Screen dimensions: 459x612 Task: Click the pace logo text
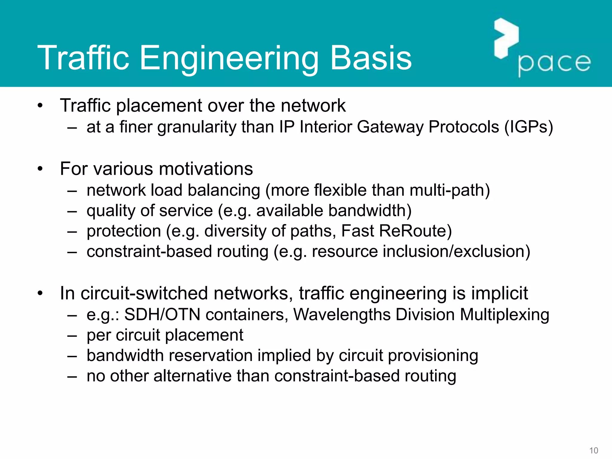coord(554,63)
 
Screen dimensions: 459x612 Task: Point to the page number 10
coord(593,451)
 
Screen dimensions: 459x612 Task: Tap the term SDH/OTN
coord(162,315)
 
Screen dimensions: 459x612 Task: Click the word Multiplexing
coord(504,315)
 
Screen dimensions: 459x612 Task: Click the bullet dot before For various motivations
coord(40,169)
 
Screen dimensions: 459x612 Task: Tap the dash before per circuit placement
coord(72,336)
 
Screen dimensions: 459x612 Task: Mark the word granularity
coord(197,127)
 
